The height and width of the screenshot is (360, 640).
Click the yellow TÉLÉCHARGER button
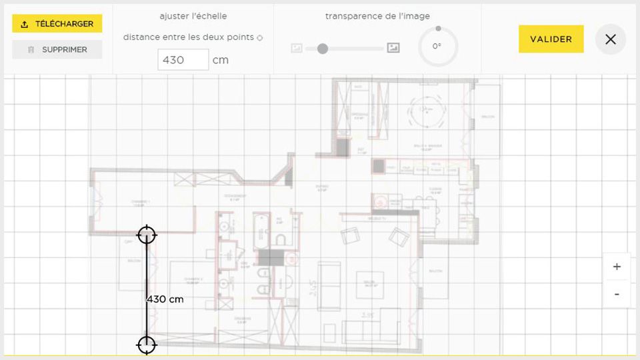[x=57, y=24]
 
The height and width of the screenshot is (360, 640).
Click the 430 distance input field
[x=183, y=60]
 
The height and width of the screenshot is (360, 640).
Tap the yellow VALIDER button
[x=551, y=39]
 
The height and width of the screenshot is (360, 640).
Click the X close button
[x=610, y=39]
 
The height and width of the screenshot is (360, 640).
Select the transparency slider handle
[x=323, y=49]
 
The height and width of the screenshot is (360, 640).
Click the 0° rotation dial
[x=437, y=47]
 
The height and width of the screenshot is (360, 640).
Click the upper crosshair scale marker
[x=146, y=235]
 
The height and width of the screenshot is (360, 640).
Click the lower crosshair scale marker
[x=146, y=345]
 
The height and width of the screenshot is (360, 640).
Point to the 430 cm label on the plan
[x=165, y=299]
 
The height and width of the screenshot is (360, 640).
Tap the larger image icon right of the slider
[x=393, y=48]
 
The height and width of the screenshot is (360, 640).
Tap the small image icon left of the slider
[x=297, y=48]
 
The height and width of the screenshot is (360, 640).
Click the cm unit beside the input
[x=220, y=60]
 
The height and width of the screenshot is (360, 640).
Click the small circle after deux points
[x=260, y=38]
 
